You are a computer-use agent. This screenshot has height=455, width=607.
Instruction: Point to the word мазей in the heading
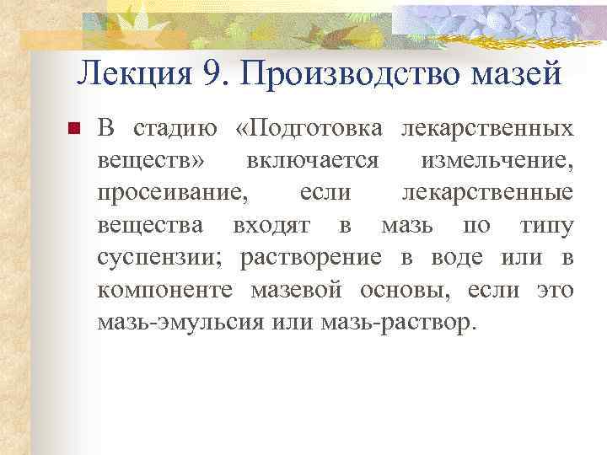pos(520,74)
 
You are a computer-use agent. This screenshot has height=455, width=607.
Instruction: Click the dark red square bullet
pos(73,130)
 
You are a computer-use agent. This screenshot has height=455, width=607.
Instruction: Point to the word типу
pos(547,225)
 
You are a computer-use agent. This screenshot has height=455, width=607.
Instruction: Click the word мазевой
pos(296,290)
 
